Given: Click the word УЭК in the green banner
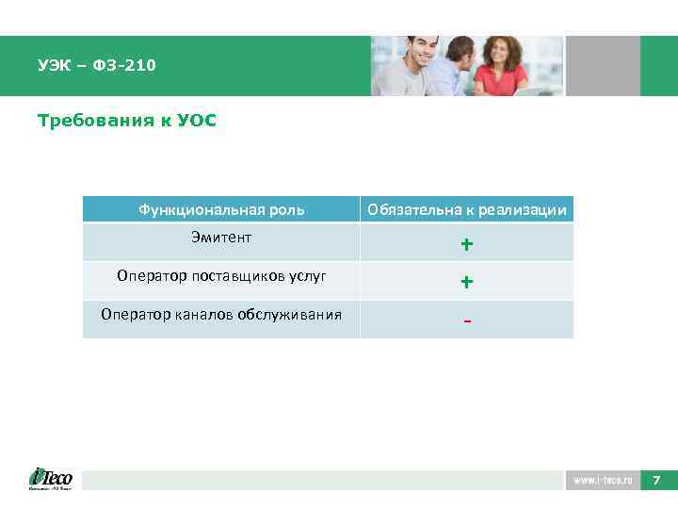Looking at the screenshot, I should coord(54,66).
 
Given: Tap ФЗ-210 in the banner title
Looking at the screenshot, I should coord(124,66).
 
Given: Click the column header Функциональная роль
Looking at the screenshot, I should coord(221,209).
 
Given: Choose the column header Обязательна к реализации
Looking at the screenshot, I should coord(467,209).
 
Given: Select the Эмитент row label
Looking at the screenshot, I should coord(221,238).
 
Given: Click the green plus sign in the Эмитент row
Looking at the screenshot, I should coord(466,245).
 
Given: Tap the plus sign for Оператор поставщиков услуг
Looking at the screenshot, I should coord(466,282).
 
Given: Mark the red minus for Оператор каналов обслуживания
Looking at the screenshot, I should coord(466,320).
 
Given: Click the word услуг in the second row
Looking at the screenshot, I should coord(310,276).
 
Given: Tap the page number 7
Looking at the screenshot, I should coord(657,481).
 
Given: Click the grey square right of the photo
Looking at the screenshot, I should coord(602,66).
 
